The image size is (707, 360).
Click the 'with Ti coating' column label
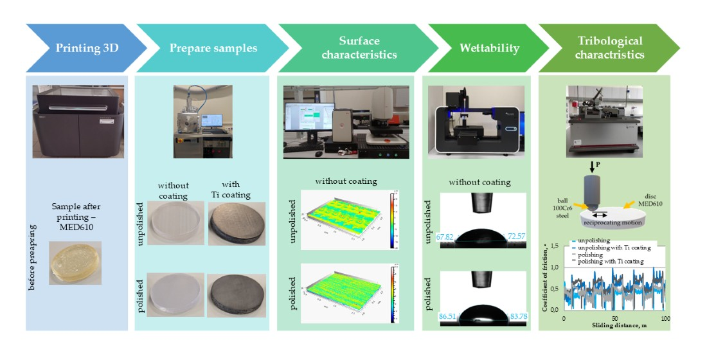(231, 191)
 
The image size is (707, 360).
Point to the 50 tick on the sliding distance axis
(614, 318)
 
